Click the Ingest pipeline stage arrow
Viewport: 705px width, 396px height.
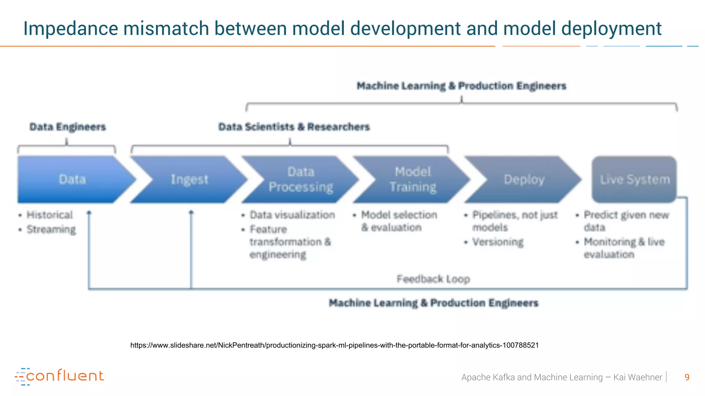point(189,179)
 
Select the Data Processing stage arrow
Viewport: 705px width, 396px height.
point(300,179)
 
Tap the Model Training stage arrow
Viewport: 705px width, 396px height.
point(412,179)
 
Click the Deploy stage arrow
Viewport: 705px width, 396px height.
point(523,179)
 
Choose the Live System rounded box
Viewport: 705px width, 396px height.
point(634,179)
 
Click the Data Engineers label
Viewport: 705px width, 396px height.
point(67,127)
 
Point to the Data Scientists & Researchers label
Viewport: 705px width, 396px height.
point(294,127)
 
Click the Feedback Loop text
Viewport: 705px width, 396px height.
point(433,279)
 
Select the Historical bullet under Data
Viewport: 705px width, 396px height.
point(50,215)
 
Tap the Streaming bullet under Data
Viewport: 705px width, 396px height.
point(51,229)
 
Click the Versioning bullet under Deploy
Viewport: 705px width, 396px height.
point(498,242)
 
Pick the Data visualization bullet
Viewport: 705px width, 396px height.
point(292,215)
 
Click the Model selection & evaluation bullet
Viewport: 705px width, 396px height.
point(399,221)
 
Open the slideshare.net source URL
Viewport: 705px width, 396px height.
point(334,345)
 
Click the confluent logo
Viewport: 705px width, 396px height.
point(59,376)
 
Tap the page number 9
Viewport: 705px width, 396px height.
point(687,377)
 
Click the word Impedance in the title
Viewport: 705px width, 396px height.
point(70,29)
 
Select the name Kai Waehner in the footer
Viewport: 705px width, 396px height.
point(638,377)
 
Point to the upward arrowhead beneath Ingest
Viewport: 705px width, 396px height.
point(191,212)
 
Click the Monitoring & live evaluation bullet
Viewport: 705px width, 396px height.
point(624,248)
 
